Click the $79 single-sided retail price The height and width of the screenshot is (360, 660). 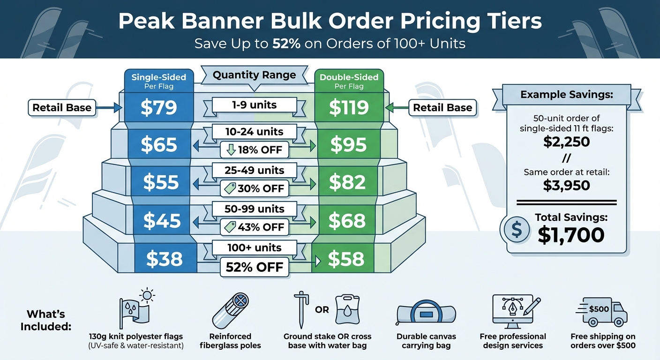coord(158,108)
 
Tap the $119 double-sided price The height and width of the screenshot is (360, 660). coord(349,108)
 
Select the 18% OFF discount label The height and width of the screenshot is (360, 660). coord(255,150)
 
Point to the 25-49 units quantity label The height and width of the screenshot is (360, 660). coord(255,170)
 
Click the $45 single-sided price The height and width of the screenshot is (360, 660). coord(162,221)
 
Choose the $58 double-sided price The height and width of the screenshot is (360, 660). coord(346,259)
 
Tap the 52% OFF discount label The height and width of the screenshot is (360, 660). coord(255,267)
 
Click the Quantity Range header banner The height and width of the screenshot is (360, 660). coord(255,75)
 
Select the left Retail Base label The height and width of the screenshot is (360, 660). coord(62,108)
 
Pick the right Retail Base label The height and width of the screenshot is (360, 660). coord(442,108)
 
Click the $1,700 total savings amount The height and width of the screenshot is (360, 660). coord(571,235)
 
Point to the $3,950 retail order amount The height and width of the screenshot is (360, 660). coord(566,186)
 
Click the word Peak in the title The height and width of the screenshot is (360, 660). coord(148,22)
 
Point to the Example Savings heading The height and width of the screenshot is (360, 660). coord(566,95)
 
